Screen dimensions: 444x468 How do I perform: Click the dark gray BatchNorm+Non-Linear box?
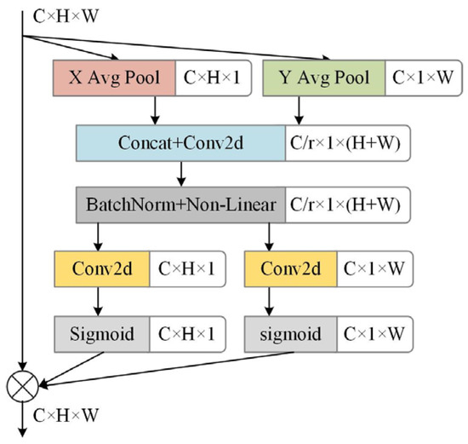coord(180,205)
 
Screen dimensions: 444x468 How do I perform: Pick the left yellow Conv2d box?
coord(102,269)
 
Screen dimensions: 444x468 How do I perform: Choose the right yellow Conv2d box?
coord(291,269)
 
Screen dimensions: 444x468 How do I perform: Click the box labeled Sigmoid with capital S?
coord(102,333)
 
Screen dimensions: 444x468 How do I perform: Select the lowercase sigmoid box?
coord(291,333)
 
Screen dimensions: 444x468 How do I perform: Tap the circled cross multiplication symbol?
coord(22,387)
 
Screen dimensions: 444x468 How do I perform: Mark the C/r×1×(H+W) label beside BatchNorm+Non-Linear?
coord(350,205)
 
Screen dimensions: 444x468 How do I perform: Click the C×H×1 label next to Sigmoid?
coord(189,333)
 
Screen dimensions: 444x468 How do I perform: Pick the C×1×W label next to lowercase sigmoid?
coord(377,333)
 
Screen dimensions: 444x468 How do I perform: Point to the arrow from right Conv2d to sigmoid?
coord(271,302)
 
